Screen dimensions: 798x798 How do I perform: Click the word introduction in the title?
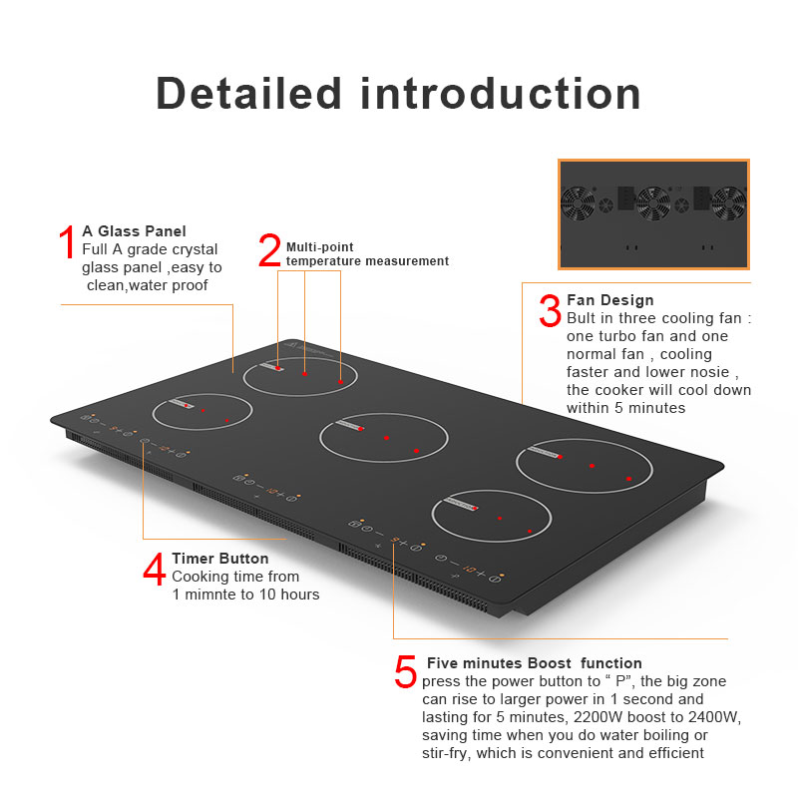click(x=501, y=93)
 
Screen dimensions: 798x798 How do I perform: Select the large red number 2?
click(x=269, y=250)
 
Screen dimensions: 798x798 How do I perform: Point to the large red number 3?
click(x=550, y=309)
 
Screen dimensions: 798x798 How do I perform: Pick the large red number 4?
click(x=155, y=571)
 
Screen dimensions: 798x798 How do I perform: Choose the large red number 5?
click(x=405, y=671)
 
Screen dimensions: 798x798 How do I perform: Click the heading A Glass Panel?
click(x=134, y=231)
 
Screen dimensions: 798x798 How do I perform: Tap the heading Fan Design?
click(x=609, y=300)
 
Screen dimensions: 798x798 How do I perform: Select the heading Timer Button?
click(x=219, y=559)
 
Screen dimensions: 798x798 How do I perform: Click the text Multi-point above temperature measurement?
click(x=319, y=246)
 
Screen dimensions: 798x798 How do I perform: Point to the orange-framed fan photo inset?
click(x=653, y=213)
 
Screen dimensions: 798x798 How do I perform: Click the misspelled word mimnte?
click(x=211, y=595)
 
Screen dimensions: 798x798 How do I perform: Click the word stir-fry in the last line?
click(x=448, y=753)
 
